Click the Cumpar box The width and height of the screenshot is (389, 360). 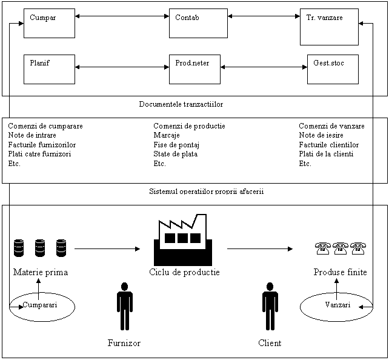49,24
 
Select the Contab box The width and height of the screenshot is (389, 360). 198,24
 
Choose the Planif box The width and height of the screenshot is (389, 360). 49,69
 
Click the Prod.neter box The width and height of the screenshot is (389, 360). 194,69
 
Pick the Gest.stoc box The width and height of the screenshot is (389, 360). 333,69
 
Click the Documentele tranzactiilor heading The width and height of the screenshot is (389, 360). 190,104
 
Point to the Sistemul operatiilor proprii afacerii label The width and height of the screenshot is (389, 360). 211,192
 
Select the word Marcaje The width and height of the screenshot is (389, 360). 167,136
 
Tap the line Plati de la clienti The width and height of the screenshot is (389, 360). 326,154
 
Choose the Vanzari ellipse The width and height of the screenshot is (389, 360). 337,305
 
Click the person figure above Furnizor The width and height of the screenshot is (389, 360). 124,305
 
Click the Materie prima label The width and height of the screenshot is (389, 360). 41,273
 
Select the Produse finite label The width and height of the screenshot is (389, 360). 340,273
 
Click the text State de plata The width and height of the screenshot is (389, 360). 175,154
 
